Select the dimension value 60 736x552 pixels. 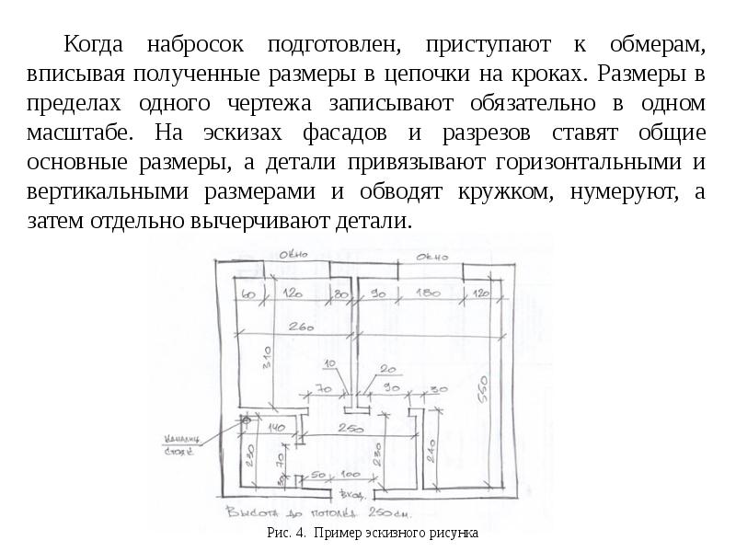[247, 294]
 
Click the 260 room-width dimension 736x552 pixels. [300, 328]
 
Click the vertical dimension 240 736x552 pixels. [430, 450]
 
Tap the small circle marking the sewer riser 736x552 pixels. [246, 420]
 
